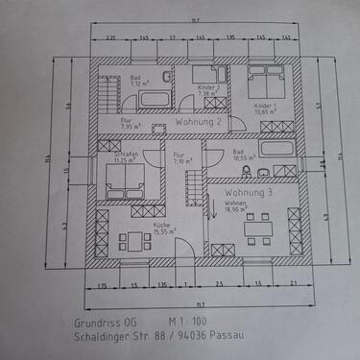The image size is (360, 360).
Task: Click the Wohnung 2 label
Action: point(200,123)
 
